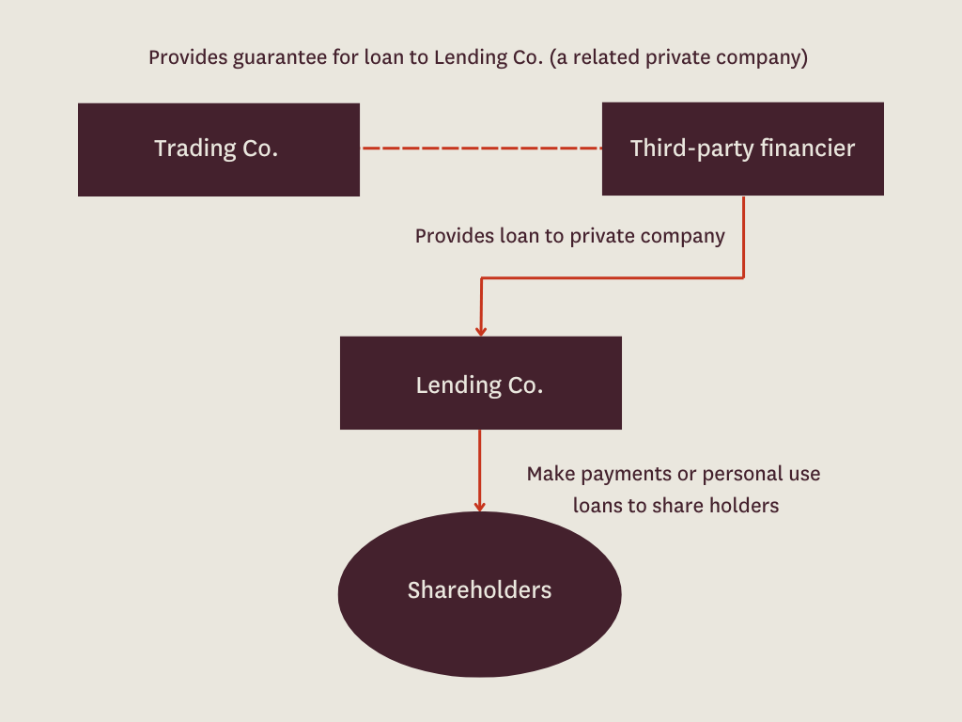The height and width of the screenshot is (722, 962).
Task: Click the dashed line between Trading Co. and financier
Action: [481, 149]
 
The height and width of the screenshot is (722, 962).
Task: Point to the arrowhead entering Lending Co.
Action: [481, 330]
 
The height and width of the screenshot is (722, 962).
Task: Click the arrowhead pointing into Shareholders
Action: [480, 506]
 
